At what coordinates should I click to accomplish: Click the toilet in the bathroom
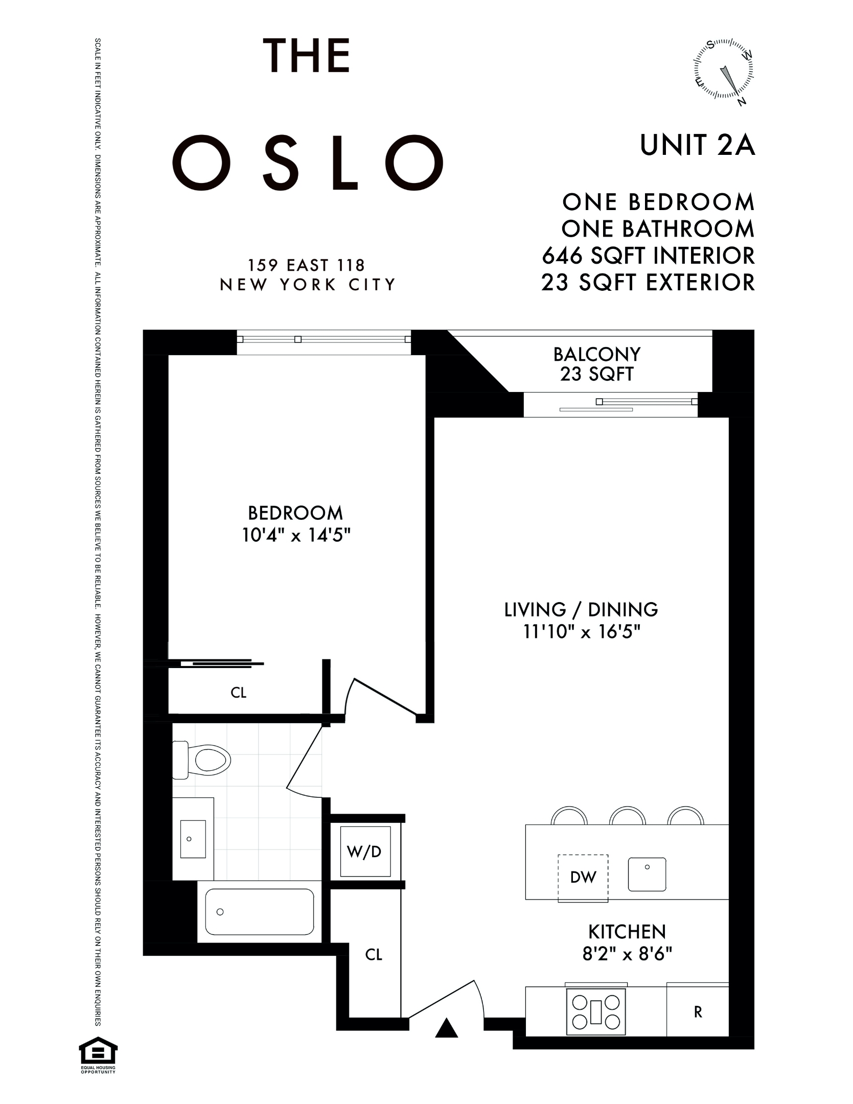click(x=202, y=760)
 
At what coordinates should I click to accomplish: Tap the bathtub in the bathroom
click(x=260, y=912)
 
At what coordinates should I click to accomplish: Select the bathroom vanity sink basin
click(x=193, y=839)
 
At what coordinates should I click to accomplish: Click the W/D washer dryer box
click(x=365, y=852)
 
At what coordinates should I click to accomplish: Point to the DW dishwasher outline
click(x=583, y=878)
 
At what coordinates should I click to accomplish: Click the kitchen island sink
click(x=647, y=874)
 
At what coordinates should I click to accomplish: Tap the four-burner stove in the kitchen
click(x=596, y=1012)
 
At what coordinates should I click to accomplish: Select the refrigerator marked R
click(x=697, y=1011)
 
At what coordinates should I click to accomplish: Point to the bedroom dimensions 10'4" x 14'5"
click(x=296, y=535)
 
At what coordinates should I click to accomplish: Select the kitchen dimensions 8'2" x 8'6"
click(x=627, y=954)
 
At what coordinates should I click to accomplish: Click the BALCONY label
click(x=596, y=354)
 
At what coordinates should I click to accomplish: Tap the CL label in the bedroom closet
click(x=239, y=693)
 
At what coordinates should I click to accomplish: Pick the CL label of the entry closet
click(x=374, y=954)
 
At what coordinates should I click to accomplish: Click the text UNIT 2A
click(x=697, y=145)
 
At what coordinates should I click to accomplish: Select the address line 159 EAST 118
click(x=307, y=265)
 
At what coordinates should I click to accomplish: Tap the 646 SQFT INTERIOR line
click(x=648, y=256)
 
